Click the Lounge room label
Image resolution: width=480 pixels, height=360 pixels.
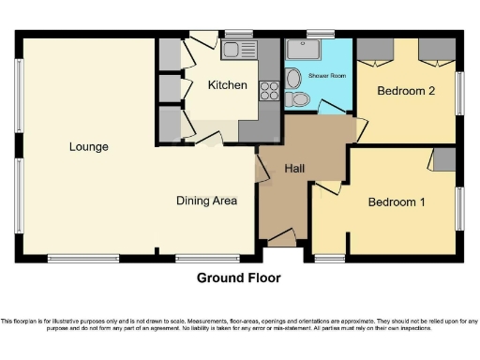(88, 146)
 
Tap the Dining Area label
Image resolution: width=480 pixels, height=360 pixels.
(206, 200)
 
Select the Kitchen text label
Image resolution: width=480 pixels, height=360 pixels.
(228, 85)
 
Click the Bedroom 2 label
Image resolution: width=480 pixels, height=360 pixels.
(407, 91)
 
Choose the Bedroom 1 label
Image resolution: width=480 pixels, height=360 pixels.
(397, 202)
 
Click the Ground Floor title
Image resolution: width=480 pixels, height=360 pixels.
(238, 277)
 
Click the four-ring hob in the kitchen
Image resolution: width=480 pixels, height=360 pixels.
(268, 91)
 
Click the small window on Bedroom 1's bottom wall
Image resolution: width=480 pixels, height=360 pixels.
(328, 256)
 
